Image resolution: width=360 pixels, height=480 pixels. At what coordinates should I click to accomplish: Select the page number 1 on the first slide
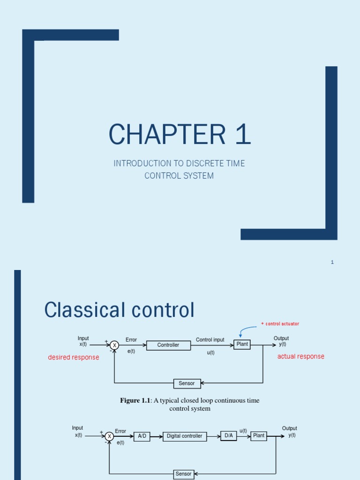[x=332, y=262]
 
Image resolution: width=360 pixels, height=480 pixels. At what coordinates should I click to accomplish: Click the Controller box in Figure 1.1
[x=168, y=345]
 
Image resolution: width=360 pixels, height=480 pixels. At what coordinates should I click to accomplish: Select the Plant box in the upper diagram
[x=242, y=345]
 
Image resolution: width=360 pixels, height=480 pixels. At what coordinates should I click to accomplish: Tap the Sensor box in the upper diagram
[x=187, y=383]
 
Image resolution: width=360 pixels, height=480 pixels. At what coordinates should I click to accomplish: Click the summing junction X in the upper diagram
[x=114, y=345]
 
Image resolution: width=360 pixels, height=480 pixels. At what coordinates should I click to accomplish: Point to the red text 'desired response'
[x=74, y=357]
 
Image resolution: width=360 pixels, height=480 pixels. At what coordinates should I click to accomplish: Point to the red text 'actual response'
[x=300, y=356]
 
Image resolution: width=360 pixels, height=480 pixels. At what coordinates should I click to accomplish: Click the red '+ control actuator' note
[x=280, y=324]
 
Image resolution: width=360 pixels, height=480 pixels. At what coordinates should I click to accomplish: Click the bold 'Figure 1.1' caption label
[x=135, y=400]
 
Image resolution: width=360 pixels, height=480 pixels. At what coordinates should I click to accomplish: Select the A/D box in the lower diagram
[x=141, y=436]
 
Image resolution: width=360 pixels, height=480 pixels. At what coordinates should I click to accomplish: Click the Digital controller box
[x=184, y=436]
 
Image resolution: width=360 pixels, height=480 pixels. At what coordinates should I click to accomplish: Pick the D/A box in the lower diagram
[x=229, y=435]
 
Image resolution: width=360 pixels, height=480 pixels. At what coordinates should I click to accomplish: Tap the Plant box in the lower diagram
[x=258, y=435]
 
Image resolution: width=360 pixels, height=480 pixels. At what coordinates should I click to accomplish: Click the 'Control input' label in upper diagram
[x=210, y=339]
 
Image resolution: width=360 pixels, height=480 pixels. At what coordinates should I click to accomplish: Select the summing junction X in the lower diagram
[x=109, y=436]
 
